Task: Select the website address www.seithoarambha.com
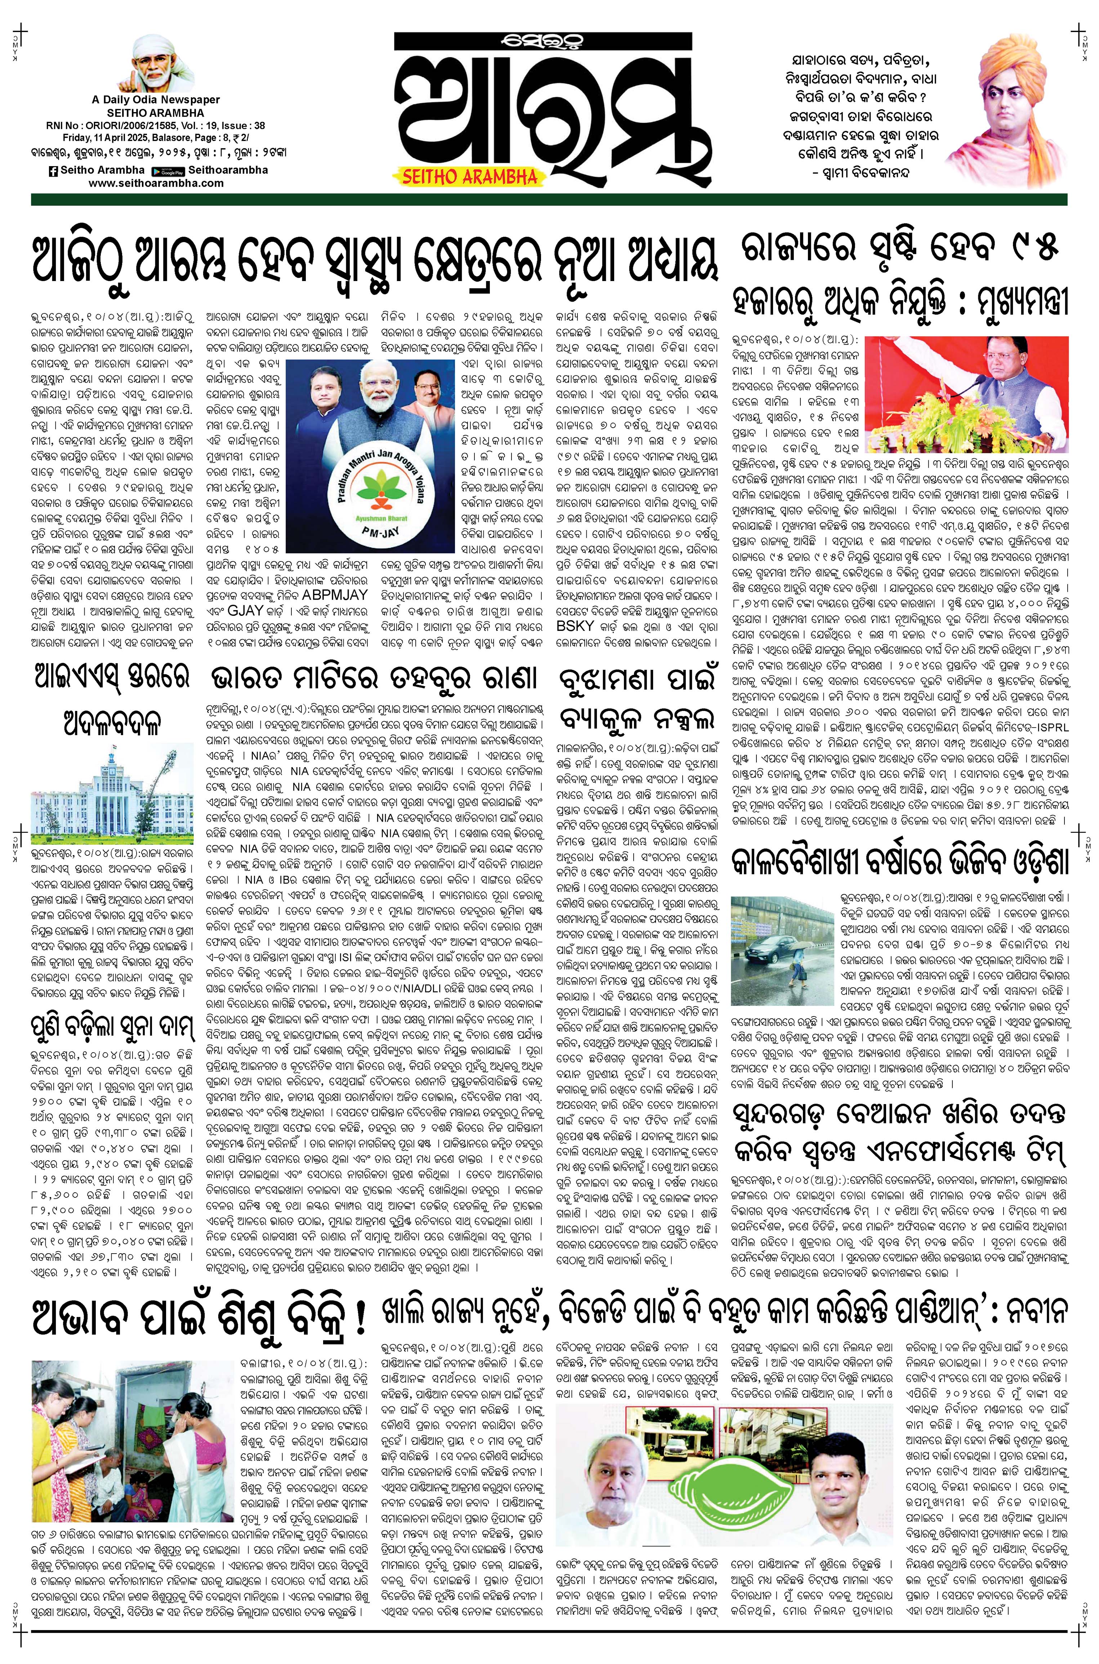coord(156,183)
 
